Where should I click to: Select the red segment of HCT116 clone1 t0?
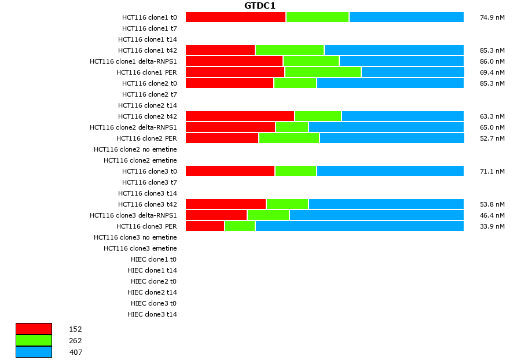coord(236,17)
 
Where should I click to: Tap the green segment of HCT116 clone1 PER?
coord(323,72)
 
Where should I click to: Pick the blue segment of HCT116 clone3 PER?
coord(359,226)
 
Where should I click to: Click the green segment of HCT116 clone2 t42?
coord(318,116)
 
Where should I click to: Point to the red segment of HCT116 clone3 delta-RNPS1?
coord(216,215)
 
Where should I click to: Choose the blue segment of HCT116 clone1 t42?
coord(394,50)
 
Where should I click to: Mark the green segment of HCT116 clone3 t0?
coord(296,171)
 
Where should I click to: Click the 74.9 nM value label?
coord(492,17)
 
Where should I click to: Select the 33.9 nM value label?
coord(492,226)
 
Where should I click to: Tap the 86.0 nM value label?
coord(492,61)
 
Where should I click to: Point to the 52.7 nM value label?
coord(492,138)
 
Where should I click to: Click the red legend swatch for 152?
coord(34,329)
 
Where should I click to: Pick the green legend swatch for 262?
coord(34,340)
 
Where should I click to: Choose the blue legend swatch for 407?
coord(34,352)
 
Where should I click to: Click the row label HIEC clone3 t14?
coord(152,314)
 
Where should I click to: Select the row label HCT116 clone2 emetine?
coord(140,160)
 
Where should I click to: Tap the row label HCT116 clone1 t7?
coord(149,28)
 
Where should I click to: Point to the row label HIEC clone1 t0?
coord(153,259)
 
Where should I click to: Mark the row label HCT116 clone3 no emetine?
coord(135,237)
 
